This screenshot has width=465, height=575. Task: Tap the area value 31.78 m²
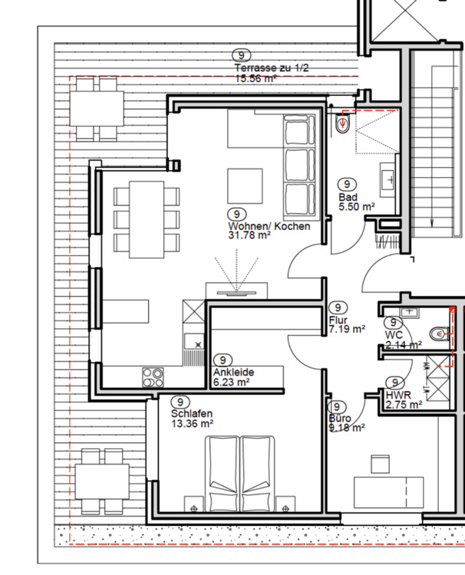(x=249, y=236)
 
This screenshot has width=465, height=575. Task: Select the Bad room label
(x=348, y=197)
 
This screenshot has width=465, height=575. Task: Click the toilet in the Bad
(x=343, y=123)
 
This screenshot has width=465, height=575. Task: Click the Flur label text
(x=338, y=320)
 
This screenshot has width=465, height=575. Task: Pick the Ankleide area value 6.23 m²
(x=232, y=382)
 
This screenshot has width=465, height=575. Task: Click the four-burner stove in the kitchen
(x=153, y=376)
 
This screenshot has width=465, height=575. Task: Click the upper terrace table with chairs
(x=97, y=112)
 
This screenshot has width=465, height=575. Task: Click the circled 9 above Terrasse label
(x=242, y=55)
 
